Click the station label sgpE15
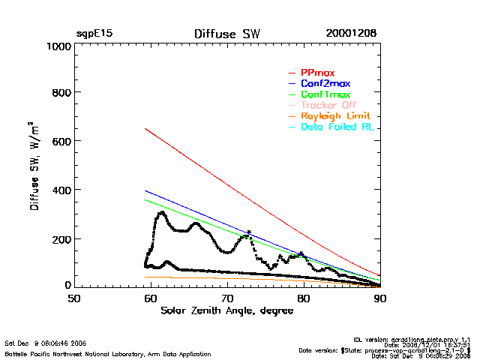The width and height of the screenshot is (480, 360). [x=94, y=34]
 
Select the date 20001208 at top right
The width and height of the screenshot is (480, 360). [x=351, y=34]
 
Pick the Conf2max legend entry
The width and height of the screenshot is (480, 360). [x=325, y=83]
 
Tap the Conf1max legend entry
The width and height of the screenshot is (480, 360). [x=325, y=94]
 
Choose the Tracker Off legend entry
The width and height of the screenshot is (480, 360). [x=328, y=105]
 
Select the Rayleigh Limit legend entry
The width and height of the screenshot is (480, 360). [x=335, y=116]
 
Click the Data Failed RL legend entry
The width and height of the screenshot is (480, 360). [x=337, y=127]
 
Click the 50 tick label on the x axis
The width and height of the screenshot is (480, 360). [x=74, y=298]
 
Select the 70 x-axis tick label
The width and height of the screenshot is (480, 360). [x=227, y=298]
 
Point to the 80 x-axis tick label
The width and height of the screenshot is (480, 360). [x=304, y=298]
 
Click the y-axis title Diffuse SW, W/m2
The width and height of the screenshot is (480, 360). [x=35, y=166]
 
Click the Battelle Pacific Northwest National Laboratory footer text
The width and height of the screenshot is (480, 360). [x=108, y=353]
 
